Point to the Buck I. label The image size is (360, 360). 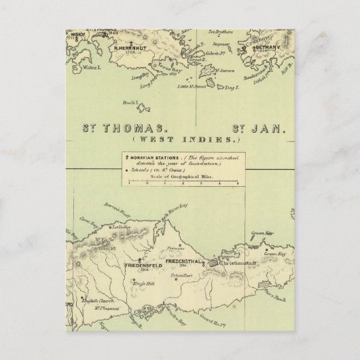point(129,103)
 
